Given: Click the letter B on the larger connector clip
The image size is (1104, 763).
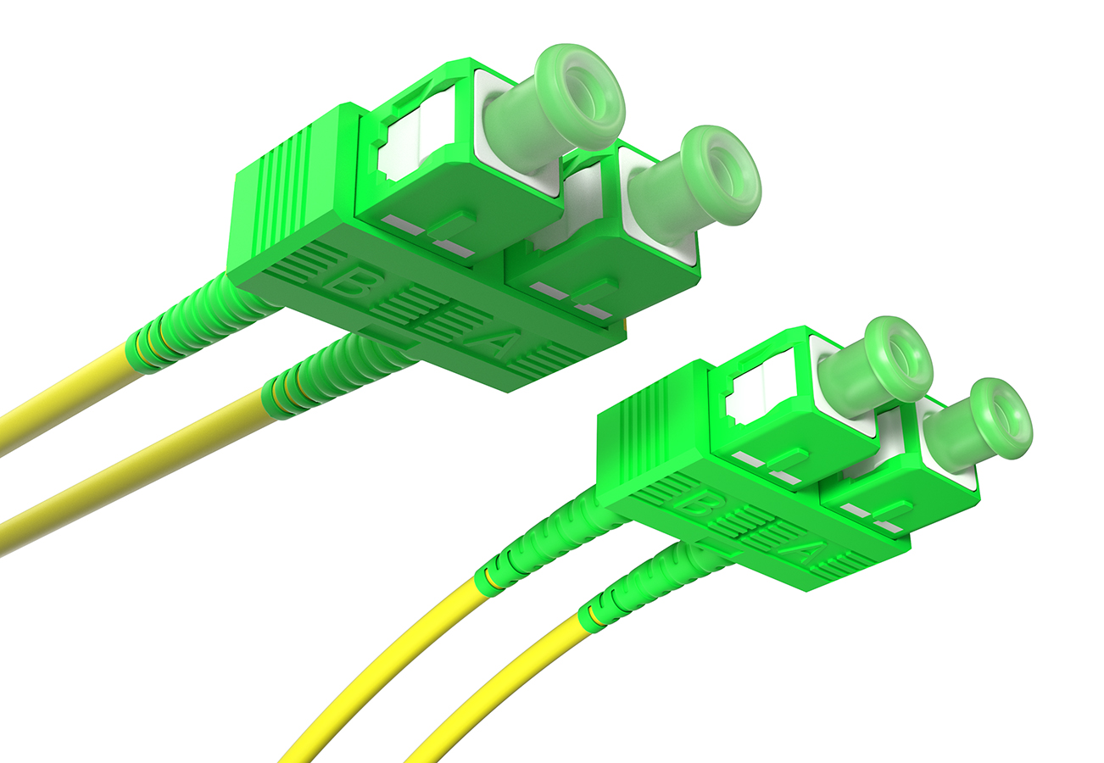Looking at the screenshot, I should click(348, 281).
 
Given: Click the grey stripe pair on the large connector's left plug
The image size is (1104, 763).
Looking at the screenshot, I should click(428, 237).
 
